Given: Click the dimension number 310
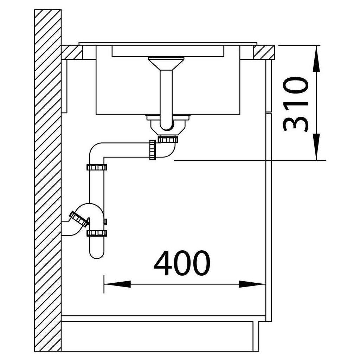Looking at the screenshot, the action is (x=296, y=104).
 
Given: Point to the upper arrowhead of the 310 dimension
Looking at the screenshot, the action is (x=316, y=60).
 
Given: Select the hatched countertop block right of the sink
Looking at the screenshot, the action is (x=264, y=52).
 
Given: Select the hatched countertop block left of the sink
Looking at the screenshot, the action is (x=72, y=52).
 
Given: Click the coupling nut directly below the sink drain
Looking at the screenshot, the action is (x=168, y=139).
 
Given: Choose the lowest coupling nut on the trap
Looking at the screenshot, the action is (x=97, y=233).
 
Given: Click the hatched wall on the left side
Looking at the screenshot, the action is (x=47, y=176).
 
